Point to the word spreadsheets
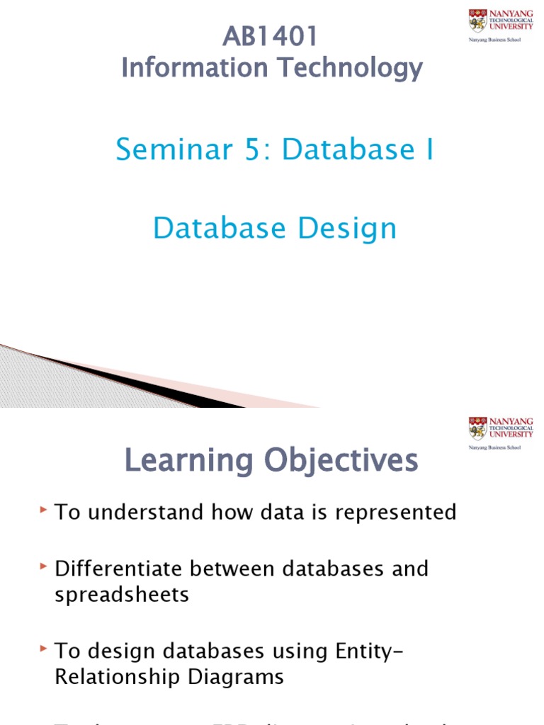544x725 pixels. pos(122,594)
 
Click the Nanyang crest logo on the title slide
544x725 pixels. pos(477,21)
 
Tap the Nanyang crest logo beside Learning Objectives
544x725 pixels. pos(477,429)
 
